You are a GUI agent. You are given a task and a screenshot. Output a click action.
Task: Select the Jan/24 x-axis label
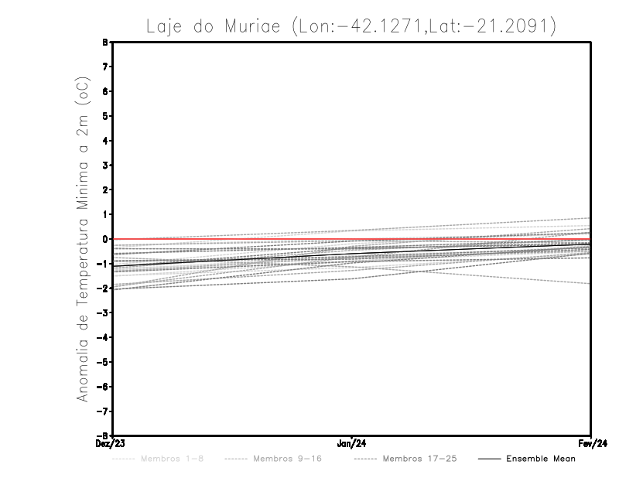(x=352, y=444)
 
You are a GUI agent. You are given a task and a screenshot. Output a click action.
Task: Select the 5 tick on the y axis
(x=107, y=116)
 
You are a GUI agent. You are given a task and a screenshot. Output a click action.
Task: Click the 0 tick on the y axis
(x=107, y=239)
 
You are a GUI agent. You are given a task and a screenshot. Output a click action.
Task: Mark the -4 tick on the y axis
(x=105, y=337)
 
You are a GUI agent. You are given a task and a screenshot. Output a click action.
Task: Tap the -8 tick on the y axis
(x=105, y=435)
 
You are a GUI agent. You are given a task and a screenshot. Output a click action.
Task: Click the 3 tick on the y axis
(x=107, y=166)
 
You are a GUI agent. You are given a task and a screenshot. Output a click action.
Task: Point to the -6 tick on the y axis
(x=105, y=386)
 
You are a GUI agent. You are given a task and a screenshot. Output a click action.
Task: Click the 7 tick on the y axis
(x=107, y=67)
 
